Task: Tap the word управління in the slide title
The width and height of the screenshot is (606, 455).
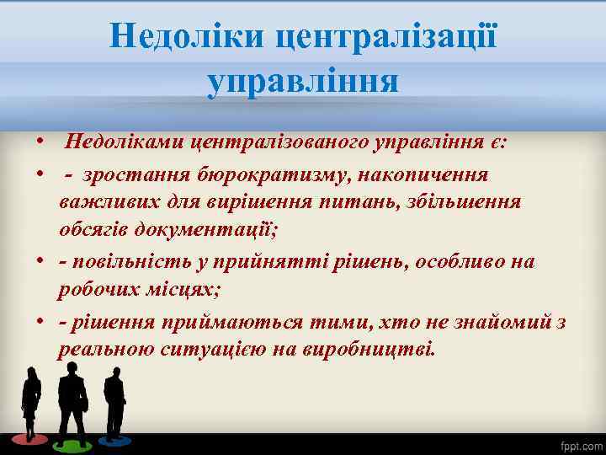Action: (302, 83)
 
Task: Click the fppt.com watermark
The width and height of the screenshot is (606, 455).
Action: (581, 444)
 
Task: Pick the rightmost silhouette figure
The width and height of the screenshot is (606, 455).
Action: (114, 404)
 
